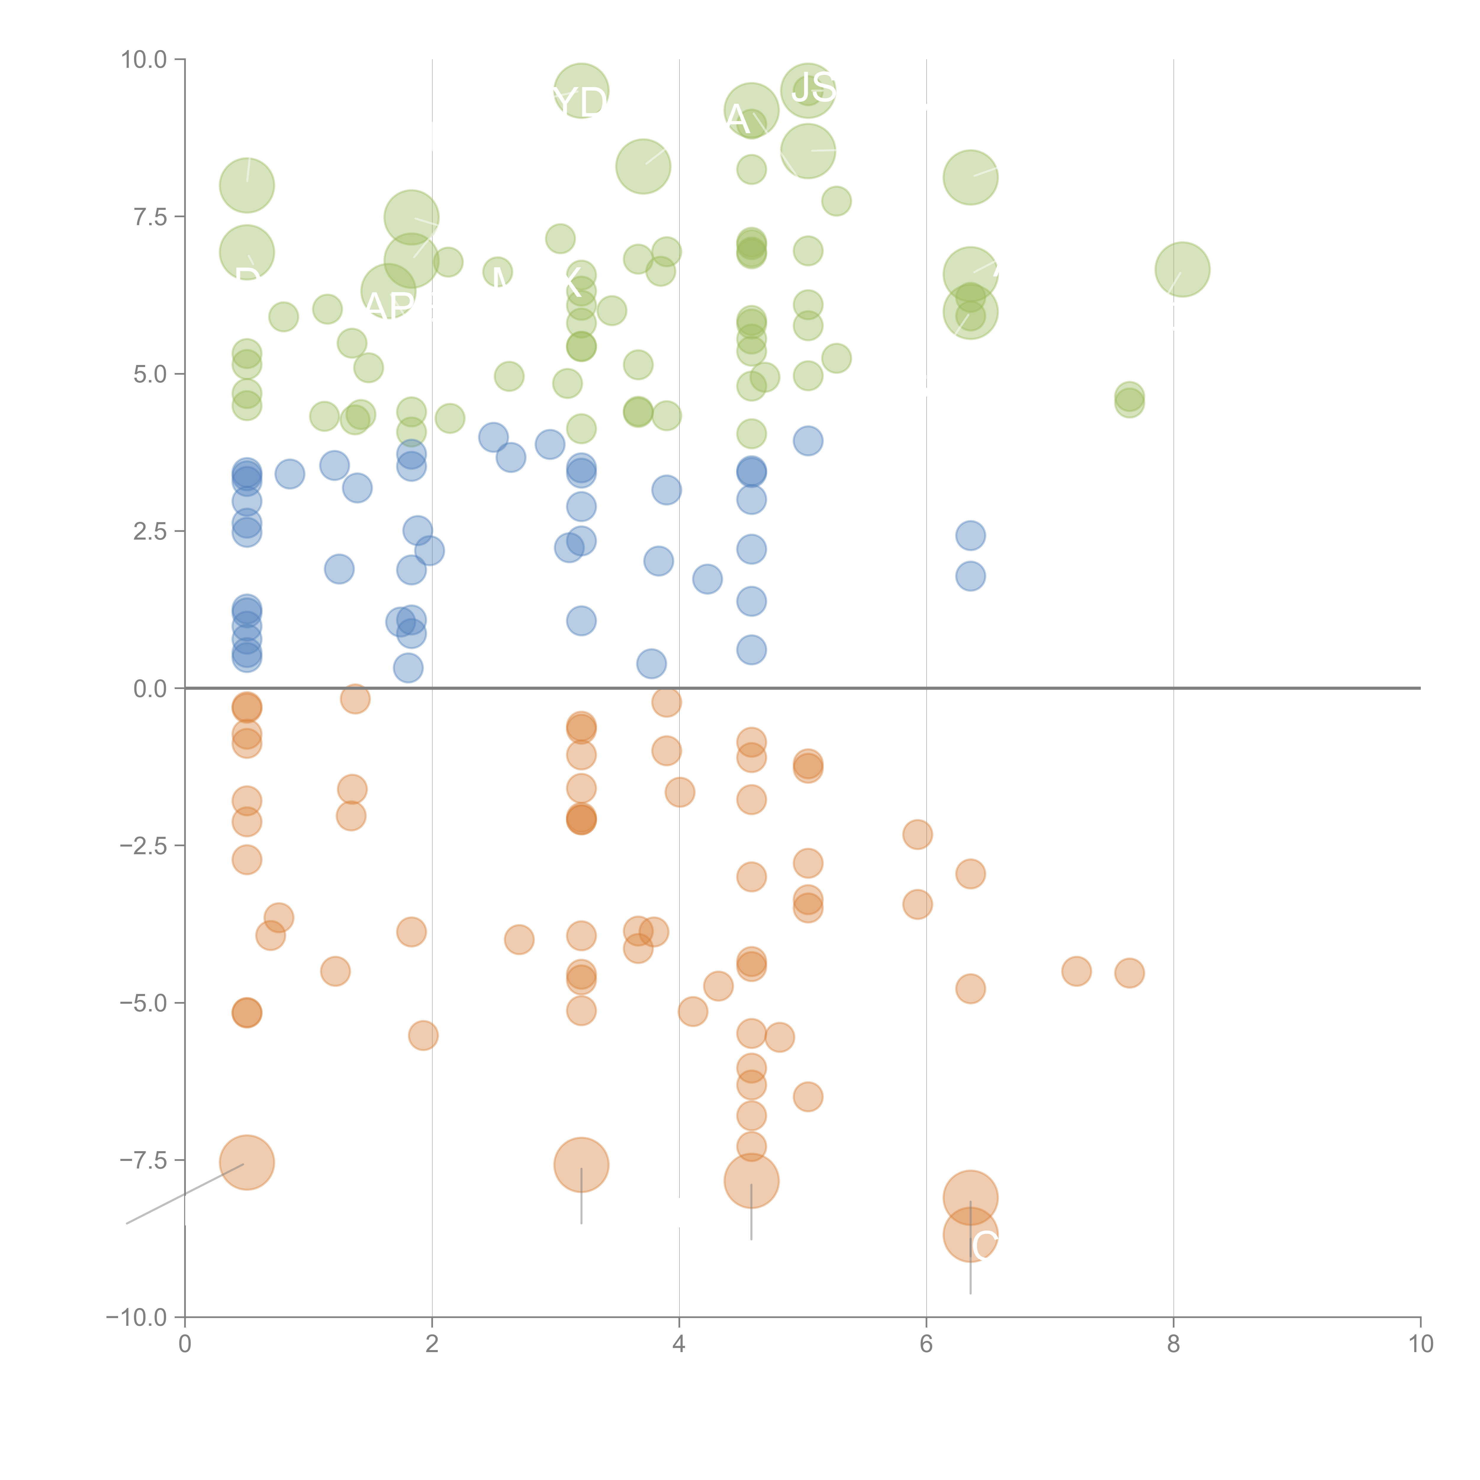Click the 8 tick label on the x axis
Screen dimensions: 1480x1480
pyautogui.click(x=1174, y=1344)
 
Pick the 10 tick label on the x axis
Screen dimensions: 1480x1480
pyautogui.click(x=1420, y=1344)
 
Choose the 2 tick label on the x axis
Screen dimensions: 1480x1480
pyautogui.click(x=432, y=1344)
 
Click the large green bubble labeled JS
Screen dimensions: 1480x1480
pyautogui.click(x=808, y=90)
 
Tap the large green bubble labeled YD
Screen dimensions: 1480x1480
pyautogui.click(x=581, y=91)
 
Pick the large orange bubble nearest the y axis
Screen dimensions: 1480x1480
pyautogui.click(x=247, y=1163)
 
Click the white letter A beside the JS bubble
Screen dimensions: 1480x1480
pyautogui.click(x=737, y=119)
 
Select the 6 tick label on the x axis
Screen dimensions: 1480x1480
pyautogui.click(x=926, y=1344)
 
